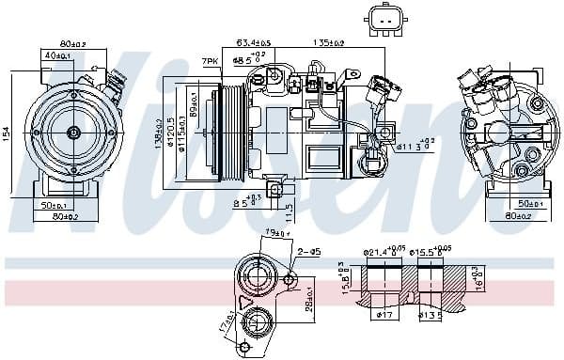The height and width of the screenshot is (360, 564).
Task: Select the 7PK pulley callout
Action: [209, 62]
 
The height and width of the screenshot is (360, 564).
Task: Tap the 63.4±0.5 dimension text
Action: [253, 42]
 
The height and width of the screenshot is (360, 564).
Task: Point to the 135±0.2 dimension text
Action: [328, 42]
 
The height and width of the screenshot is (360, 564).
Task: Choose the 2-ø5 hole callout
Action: [308, 251]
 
